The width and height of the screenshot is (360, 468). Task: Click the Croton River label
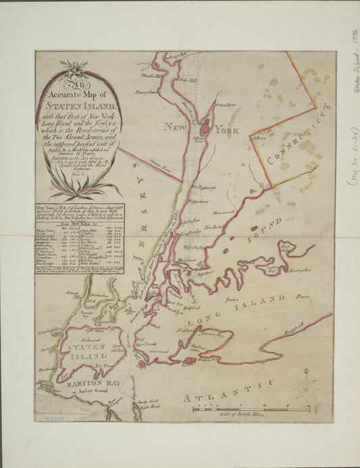click(x=224, y=105)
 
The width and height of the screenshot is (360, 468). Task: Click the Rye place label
click(x=253, y=192)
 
